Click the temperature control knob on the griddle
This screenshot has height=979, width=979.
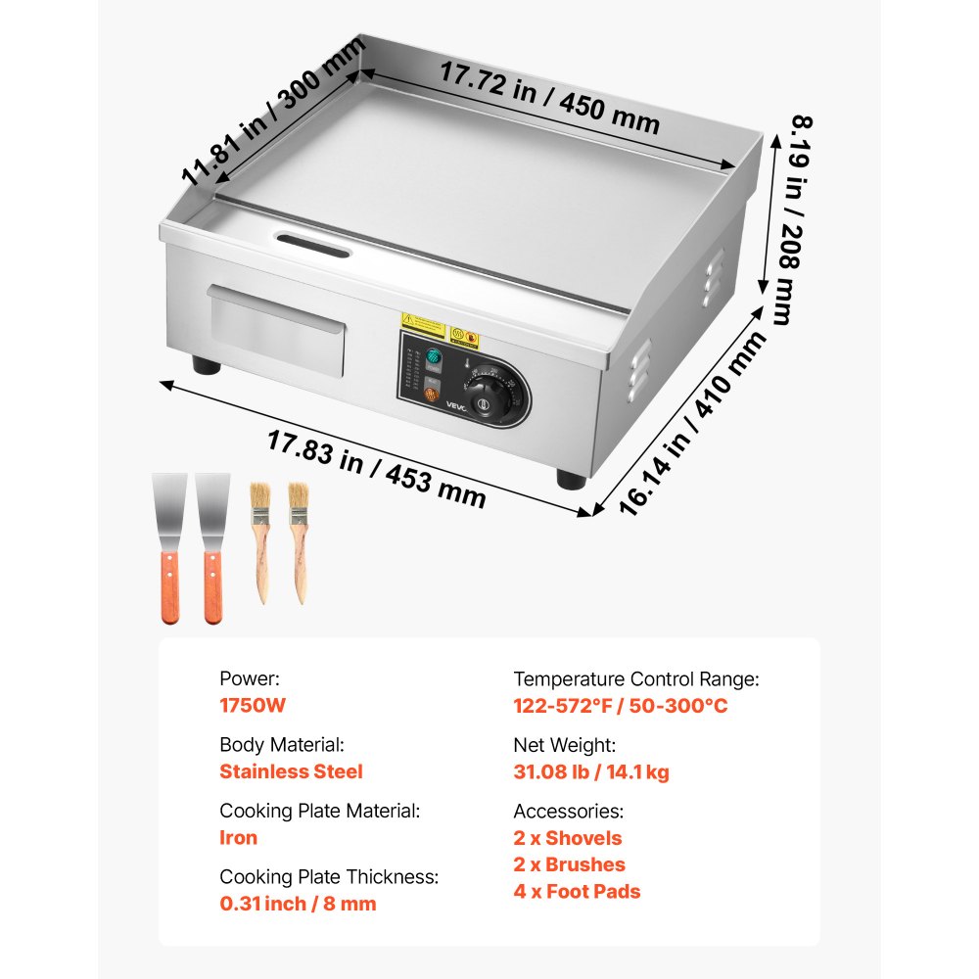click(482, 398)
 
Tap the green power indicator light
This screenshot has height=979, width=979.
click(432, 355)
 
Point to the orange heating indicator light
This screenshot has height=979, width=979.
click(430, 396)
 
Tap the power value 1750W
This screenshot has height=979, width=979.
click(253, 705)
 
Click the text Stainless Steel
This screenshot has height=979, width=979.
click(291, 771)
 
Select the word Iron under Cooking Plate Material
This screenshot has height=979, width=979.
click(238, 838)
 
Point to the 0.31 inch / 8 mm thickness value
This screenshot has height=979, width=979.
click(298, 904)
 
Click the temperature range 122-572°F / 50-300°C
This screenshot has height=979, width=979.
click(621, 706)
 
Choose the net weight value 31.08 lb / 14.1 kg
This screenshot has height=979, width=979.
click(591, 772)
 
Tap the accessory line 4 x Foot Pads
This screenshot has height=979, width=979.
click(578, 892)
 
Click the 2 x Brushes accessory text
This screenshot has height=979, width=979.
click(570, 864)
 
